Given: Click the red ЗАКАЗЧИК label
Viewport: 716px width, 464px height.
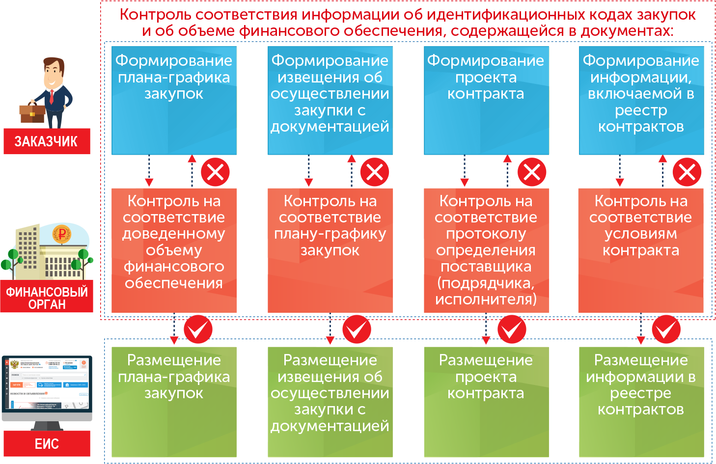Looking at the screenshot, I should pyautogui.click(x=47, y=141).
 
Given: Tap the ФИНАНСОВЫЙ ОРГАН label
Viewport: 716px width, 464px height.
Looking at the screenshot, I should pyautogui.click(x=47, y=298).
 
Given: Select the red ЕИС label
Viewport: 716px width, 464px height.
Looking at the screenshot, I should pyautogui.click(x=47, y=444).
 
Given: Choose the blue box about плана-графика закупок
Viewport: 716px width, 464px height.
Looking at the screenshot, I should pyautogui.click(x=174, y=101).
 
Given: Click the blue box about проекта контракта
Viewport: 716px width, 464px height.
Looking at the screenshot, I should pyautogui.click(x=486, y=101).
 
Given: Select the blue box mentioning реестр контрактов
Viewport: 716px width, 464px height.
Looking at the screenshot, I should pyautogui.click(x=641, y=101).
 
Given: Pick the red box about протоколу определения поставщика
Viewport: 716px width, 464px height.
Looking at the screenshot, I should pyautogui.click(x=486, y=250).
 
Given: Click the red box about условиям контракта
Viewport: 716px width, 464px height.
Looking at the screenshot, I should pyautogui.click(x=640, y=250).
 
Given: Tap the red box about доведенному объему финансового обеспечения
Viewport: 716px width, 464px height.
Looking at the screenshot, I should pyautogui.click(x=174, y=250).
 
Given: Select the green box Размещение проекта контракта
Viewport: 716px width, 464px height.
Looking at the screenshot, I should pyautogui.click(x=486, y=402).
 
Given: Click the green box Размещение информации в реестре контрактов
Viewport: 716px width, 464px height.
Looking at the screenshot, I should pyautogui.click(x=641, y=402).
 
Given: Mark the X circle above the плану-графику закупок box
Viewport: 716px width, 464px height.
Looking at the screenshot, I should pyautogui.click(x=375, y=172).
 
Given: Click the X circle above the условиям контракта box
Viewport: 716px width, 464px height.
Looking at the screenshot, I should pyautogui.click(x=687, y=172).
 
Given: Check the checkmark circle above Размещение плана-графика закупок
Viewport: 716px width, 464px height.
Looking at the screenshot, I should pyautogui.click(x=198, y=329).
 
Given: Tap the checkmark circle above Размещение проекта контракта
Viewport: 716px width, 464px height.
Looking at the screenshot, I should pyautogui.click(x=512, y=329).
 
